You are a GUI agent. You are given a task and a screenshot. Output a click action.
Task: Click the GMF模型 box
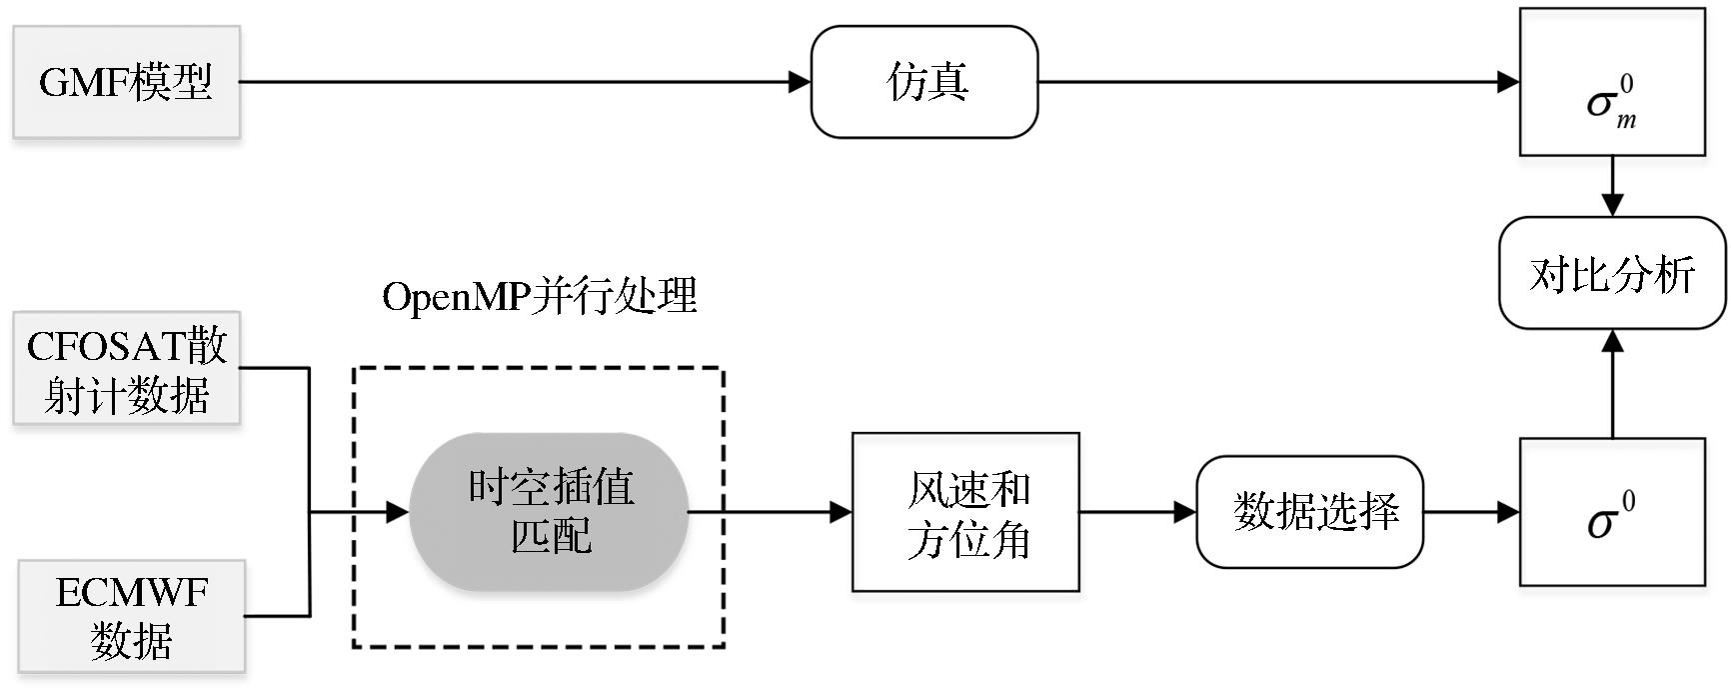pyautogui.click(x=126, y=82)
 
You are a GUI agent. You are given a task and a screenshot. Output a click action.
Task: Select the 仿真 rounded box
pyautogui.click(x=924, y=82)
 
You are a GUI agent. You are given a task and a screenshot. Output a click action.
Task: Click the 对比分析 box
pyautogui.click(x=1612, y=273)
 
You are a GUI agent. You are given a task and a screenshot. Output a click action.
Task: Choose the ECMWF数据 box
pyautogui.click(x=131, y=616)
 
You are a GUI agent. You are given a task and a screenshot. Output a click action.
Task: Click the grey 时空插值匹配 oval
pyautogui.click(x=550, y=512)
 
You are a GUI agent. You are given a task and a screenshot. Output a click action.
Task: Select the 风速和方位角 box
pyautogui.click(x=965, y=512)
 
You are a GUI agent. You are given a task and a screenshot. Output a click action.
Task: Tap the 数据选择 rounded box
pyautogui.click(x=1309, y=512)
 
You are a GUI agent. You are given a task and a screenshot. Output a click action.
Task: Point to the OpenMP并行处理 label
pyautogui.click(x=540, y=297)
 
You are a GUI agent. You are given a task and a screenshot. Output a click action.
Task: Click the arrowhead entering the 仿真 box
pyautogui.click(x=800, y=82)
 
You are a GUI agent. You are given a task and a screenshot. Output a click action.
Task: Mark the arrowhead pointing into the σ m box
pyautogui.click(x=1508, y=82)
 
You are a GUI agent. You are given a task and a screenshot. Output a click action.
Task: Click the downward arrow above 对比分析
pyautogui.click(x=1612, y=203)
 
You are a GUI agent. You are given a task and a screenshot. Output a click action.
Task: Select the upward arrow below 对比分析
pyautogui.click(x=1612, y=343)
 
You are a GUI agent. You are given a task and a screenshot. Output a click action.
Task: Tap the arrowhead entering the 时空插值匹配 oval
pyautogui.click(x=398, y=512)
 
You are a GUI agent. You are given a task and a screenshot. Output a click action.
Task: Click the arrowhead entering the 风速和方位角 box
pyautogui.click(x=841, y=512)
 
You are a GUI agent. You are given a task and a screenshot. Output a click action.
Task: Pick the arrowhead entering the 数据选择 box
pyautogui.click(x=1185, y=512)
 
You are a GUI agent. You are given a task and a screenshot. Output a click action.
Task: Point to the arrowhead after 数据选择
pyautogui.click(x=1508, y=512)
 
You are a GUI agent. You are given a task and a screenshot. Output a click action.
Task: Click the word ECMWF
pyautogui.click(x=131, y=593)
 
